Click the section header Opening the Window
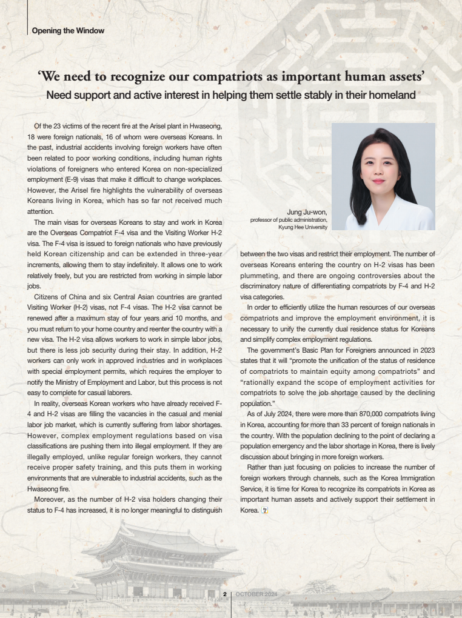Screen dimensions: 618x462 (x=68, y=30)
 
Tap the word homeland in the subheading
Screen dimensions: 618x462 (x=389, y=95)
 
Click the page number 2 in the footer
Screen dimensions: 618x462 (x=225, y=594)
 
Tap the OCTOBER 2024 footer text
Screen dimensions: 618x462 (x=256, y=594)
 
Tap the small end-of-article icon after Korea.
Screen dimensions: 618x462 (x=264, y=511)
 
